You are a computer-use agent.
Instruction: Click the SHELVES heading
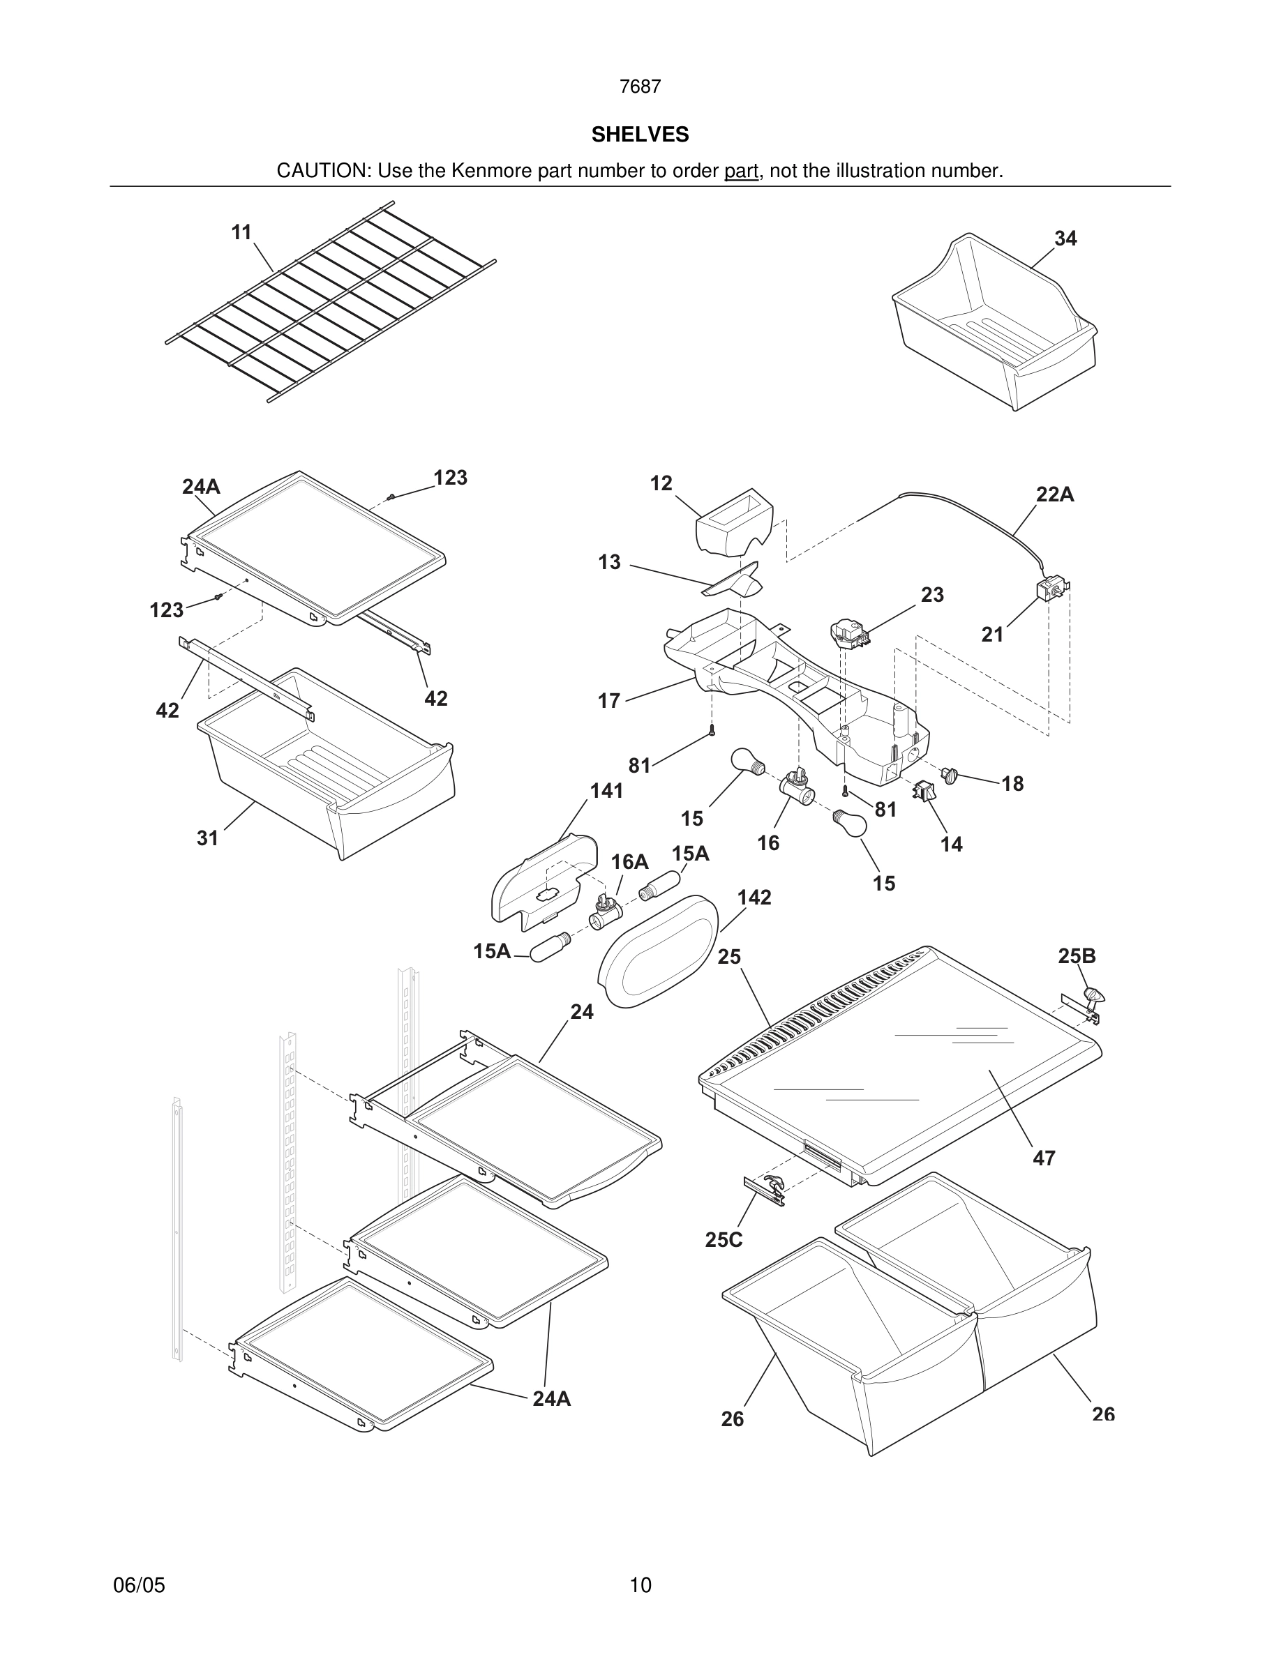click(640, 135)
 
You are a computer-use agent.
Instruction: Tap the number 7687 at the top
click(640, 87)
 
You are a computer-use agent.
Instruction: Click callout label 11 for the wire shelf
click(241, 233)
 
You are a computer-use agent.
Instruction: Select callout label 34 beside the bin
click(1065, 239)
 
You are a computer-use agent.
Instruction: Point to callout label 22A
click(1055, 494)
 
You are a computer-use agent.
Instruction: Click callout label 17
click(608, 701)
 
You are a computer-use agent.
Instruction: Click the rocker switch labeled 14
click(924, 792)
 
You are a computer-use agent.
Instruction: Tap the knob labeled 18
click(950, 775)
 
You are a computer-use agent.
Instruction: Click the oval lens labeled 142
click(659, 950)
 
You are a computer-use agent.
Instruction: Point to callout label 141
click(606, 792)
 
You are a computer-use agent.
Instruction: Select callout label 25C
click(724, 1240)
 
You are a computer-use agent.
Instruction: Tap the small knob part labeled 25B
click(1093, 996)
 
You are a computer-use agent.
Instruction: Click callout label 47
click(1044, 1158)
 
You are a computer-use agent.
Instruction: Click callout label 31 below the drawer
click(207, 838)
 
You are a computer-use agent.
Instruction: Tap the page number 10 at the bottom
click(640, 1585)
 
